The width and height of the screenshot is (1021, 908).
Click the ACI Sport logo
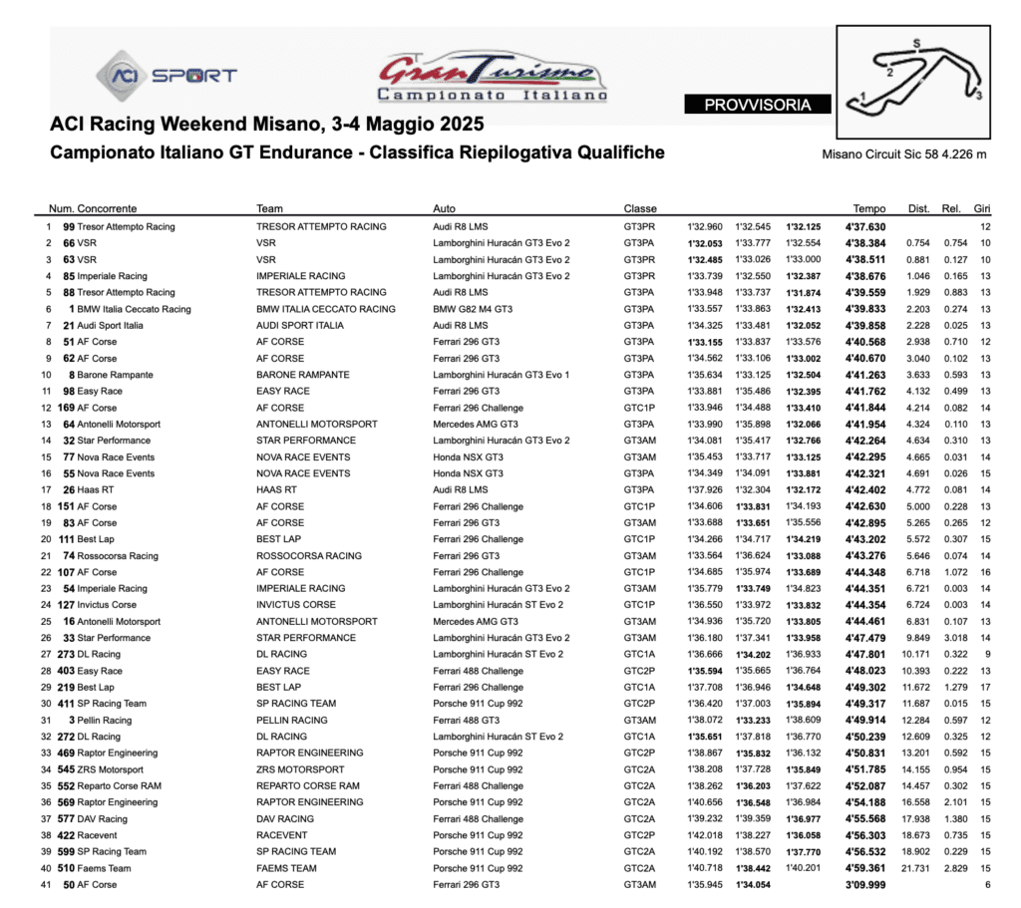[167, 75]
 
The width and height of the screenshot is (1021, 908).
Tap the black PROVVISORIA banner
[757, 105]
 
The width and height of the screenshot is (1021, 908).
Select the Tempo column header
[868, 209]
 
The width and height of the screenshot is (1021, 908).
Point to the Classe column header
[640, 209]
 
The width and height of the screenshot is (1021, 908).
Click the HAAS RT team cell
[276, 490]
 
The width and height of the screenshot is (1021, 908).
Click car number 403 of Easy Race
[66, 671]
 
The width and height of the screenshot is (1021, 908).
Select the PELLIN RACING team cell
[291, 720]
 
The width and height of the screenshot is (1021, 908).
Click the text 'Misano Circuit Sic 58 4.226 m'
[904, 154]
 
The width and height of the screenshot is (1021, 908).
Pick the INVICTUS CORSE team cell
[296, 605]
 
